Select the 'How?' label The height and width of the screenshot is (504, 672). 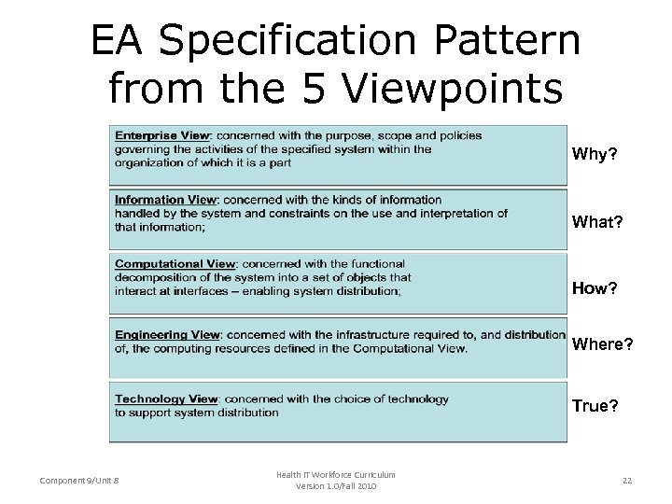(595, 287)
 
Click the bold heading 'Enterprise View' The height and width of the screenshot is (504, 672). (161, 135)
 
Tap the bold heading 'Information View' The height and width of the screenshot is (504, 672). (166, 200)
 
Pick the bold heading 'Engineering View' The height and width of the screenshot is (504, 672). (168, 335)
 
